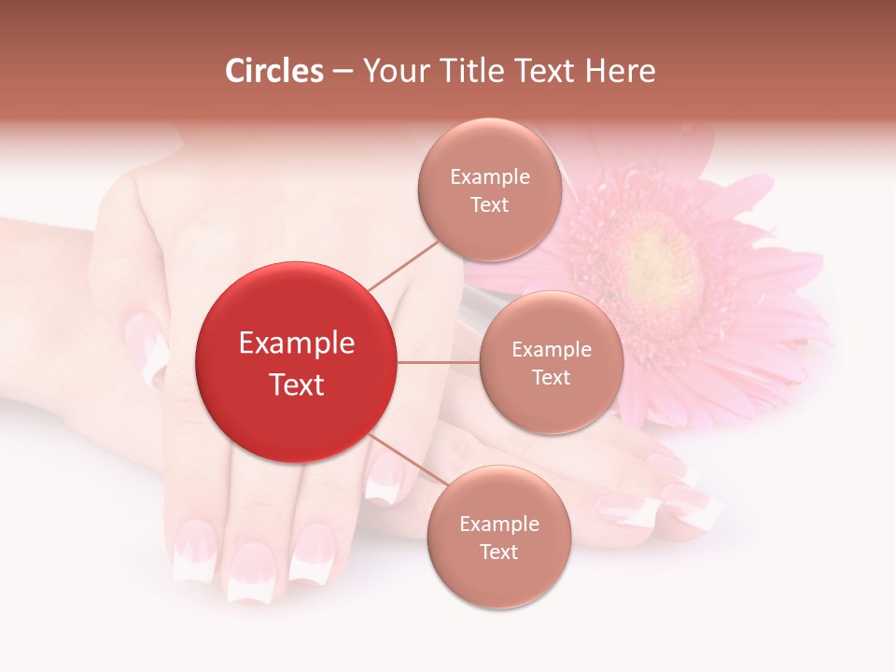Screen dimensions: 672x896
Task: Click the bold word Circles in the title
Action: pos(274,71)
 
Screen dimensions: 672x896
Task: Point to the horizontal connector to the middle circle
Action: pos(438,362)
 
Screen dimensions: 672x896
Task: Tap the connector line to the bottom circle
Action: pos(407,459)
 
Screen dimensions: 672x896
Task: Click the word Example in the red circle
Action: pos(297,343)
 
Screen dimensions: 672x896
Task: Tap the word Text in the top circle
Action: pos(489,204)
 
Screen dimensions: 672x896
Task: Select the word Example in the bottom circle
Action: pos(499,525)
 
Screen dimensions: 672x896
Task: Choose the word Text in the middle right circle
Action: pos(551,377)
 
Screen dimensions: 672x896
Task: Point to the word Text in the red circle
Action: pos(297,385)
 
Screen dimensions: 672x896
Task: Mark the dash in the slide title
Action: pos(343,72)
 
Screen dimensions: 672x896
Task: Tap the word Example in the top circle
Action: pos(490,177)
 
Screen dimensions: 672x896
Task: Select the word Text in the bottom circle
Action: pos(498,552)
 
